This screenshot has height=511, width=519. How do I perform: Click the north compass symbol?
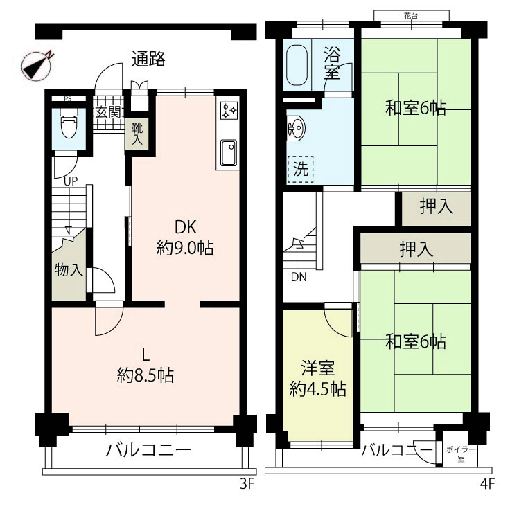[x=37, y=65]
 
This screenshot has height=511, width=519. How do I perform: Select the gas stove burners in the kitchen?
[x=229, y=110]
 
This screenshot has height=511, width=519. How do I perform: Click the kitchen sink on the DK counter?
[x=229, y=153]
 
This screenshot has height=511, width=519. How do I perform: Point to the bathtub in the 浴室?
[x=297, y=65]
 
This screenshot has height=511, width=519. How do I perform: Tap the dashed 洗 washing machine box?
[x=300, y=170]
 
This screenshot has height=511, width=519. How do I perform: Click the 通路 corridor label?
[x=148, y=59]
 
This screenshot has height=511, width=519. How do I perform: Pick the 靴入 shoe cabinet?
[x=137, y=134]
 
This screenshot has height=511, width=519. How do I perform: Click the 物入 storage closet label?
[x=69, y=270]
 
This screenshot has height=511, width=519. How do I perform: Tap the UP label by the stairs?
[x=71, y=181]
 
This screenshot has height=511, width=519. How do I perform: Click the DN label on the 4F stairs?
[x=299, y=277]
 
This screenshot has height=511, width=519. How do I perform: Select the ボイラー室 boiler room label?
[x=461, y=454]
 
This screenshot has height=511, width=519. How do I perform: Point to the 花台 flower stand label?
[x=411, y=15]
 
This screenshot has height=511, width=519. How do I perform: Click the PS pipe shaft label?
[x=68, y=98]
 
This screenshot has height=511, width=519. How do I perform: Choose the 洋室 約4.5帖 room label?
[x=318, y=379]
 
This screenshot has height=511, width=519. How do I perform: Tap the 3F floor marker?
[x=247, y=484]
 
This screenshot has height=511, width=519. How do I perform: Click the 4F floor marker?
[x=487, y=484]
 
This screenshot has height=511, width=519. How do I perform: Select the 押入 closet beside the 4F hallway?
[x=437, y=207]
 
